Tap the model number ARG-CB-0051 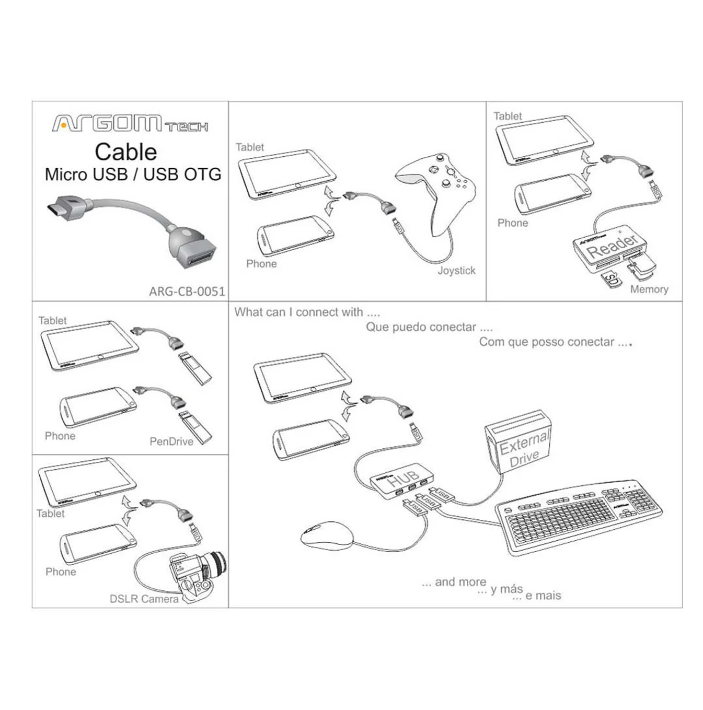(187, 291)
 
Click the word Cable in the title (125, 152)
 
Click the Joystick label (456, 271)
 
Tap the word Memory (649, 289)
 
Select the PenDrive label (171, 441)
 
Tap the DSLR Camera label (144, 599)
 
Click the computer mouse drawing (327, 535)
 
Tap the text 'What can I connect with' (306, 312)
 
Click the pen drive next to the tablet (194, 368)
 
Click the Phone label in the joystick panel (261, 264)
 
